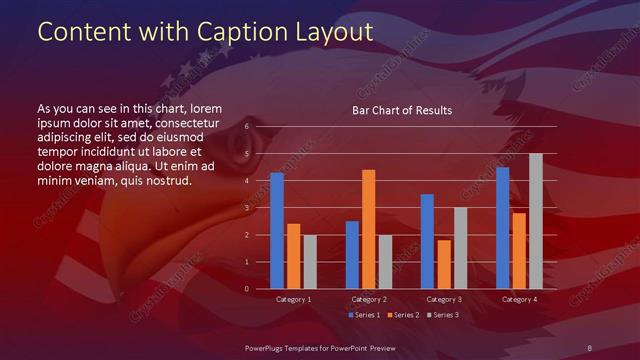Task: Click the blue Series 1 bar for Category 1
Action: point(277,231)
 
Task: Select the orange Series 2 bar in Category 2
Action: point(368,229)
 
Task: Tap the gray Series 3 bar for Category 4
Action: point(536,221)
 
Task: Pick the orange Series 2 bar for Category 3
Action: point(444,264)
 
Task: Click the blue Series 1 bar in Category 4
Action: point(502,228)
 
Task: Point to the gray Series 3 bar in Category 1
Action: point(310,262)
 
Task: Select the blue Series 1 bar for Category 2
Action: point(352,255)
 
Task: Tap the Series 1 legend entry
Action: point(364,316)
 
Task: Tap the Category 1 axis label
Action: point(293,299)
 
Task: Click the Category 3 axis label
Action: point(444,299)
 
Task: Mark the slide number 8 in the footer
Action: point(589,346)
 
